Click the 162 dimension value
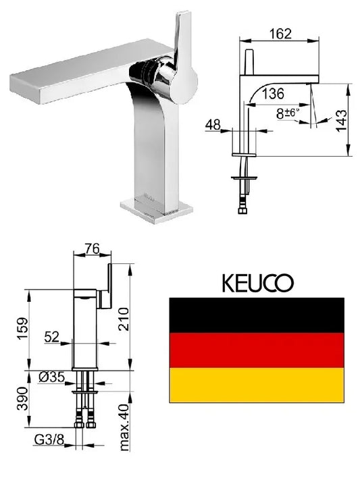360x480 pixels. (280, 33)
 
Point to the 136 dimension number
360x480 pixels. (273, 93)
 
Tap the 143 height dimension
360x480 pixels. (342, 121)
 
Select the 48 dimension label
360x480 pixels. (213, 125)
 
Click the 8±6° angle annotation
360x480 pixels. (287, 113)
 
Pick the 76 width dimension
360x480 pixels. (93, 249)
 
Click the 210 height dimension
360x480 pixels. (124, 319)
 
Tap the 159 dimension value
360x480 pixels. (22, 329)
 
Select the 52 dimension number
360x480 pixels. (51, 337)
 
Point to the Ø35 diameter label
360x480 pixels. (51, 377)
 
